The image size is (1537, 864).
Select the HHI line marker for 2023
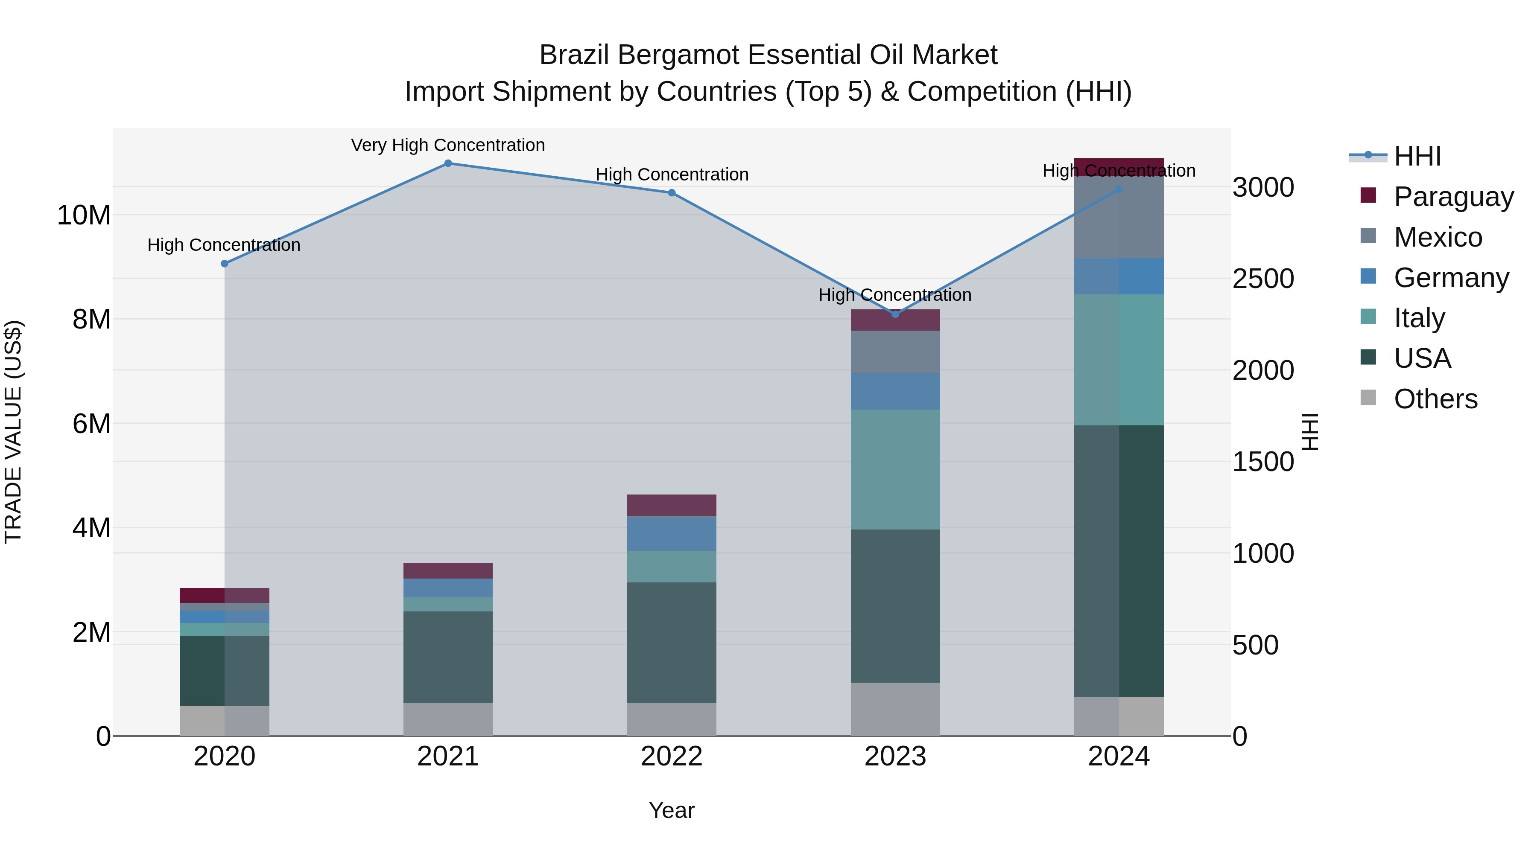coord(895,314)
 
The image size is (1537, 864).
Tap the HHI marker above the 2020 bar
coord(224,264)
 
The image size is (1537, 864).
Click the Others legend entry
coord(1435,399)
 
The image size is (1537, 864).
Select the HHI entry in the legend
coord(1417,156)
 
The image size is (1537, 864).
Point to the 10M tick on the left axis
coord(84,215)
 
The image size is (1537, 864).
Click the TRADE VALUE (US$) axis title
coord(13,432)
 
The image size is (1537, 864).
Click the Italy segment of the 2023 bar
coord(895,469)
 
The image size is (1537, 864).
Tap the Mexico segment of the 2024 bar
coord(1119,217)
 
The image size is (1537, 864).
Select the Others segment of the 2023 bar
coord(895,709)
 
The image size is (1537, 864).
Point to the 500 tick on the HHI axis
coord(1255,645)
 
